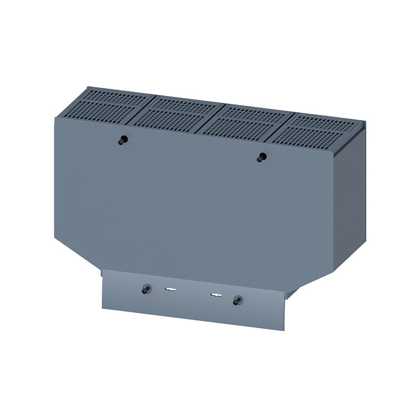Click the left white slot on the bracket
point(170,289)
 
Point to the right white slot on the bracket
point(215,296)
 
